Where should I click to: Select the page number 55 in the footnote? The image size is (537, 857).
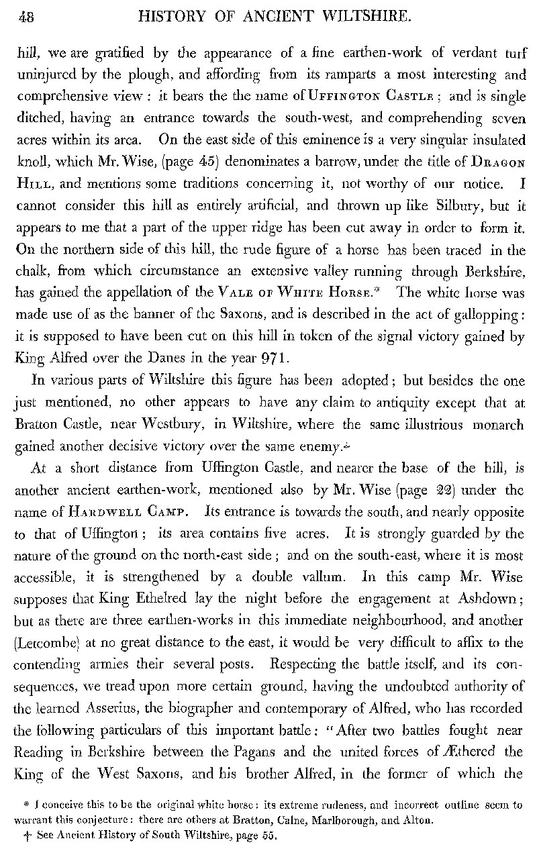(x=268, y=836)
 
